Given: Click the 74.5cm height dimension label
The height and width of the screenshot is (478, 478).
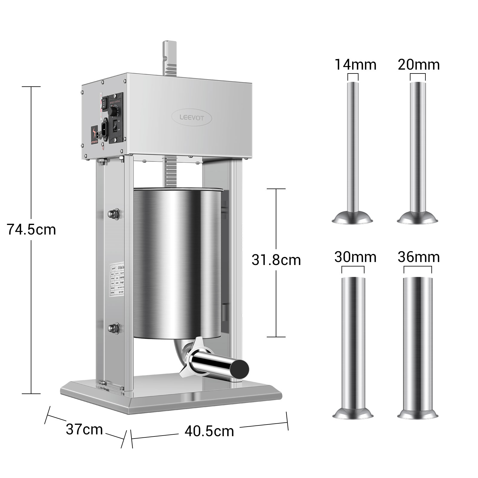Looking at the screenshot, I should [x=31, y=230].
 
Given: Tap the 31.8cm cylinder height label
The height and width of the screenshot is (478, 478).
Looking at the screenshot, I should [x=276, y=260].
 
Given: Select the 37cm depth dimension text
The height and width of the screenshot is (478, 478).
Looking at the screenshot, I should [x=84, y=430].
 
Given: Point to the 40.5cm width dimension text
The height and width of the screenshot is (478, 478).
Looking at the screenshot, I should [x=209, y=431].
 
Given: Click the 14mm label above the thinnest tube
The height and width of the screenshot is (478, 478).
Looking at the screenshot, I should [x=355, y=65].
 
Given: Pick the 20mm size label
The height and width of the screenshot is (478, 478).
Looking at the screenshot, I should [x=419, y=65].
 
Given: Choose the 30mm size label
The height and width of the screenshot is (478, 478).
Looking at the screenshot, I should [x=355, y=257].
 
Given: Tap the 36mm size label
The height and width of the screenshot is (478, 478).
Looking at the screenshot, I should [x=419, y=257].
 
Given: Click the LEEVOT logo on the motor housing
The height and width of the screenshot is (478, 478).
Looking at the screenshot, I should [x=192, y=118].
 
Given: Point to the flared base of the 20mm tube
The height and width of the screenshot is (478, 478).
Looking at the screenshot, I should [x=418, y=217].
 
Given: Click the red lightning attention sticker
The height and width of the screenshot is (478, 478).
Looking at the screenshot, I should [x=95, y=134].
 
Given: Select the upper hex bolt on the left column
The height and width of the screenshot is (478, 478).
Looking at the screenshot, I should [x=114, y=213].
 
